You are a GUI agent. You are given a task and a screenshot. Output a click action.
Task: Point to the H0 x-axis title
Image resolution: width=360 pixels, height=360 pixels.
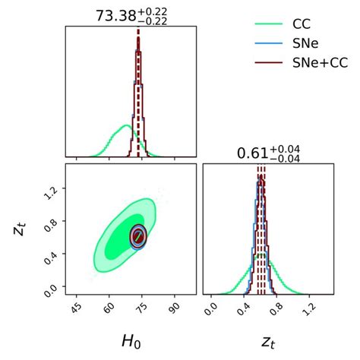click(x=130, y=342)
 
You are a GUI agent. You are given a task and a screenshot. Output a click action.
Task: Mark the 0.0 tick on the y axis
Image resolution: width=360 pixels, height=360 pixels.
click(x=51, y=289)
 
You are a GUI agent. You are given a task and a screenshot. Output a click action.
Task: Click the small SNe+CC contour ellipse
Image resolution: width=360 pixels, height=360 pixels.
click(x=138, y=237)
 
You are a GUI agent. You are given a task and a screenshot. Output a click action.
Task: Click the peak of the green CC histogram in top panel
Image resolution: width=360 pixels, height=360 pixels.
click(x=125, y=125)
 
